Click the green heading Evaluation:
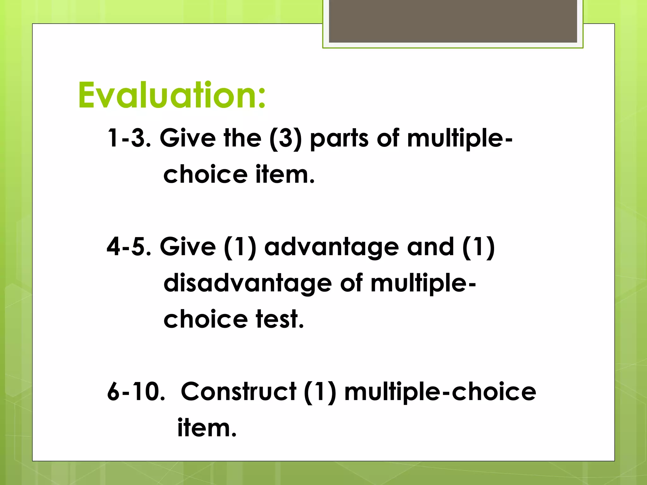tap(172, 95)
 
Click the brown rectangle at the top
tap(453, 21)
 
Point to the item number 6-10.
tap(136, 392)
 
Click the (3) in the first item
tap(286, 138)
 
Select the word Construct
tap(239, 392)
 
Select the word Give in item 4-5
tap(188, 247)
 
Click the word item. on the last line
tap(207, 428)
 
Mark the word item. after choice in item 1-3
tap(285, 175)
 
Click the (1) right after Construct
tap(320, 392)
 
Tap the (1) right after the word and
tap(479, 247)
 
